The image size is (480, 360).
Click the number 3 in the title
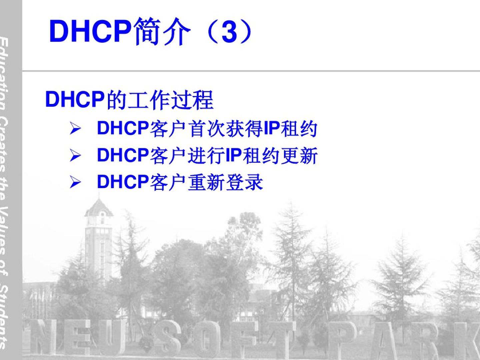click(229, 31)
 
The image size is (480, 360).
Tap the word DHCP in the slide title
click(90, 31)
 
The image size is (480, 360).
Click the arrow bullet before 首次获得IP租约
click(75, 129)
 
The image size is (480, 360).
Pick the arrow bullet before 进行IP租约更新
click(75, 156)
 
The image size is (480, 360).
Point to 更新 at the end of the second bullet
click(299, 156)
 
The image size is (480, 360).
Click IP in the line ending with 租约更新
click(234, 155)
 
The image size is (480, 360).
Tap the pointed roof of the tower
click(99, 207)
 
